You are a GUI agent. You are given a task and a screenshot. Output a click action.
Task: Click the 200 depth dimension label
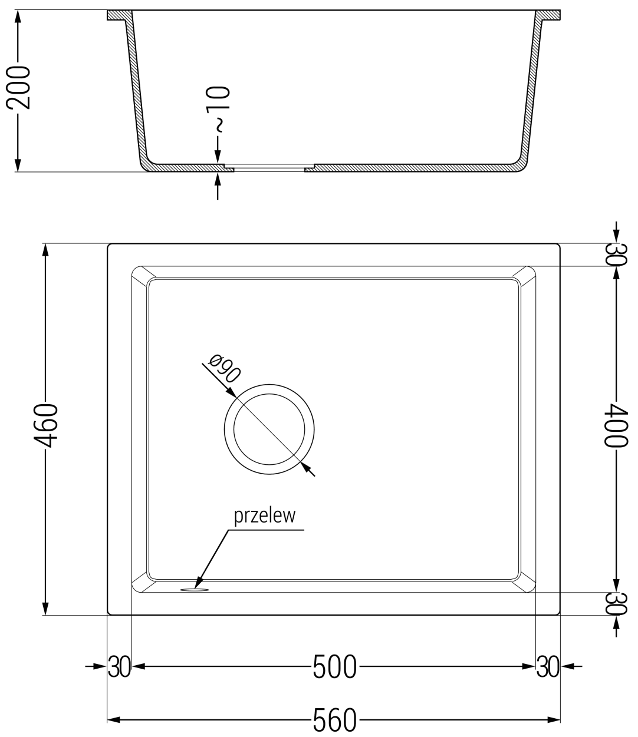click(x=18, y=87)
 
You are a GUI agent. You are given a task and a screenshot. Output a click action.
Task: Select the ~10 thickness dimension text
click(x=218, y=109)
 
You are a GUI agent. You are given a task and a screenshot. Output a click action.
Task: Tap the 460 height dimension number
click(x=45, y=425)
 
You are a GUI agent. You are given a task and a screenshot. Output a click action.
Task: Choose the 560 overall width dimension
click(x=334, y=721)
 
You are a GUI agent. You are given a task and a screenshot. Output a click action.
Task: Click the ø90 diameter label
click(x=223, y=368)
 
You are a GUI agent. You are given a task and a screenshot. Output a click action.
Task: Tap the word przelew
click(x=264, y=516)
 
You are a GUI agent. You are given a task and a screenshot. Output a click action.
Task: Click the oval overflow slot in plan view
click(x=195, y=590)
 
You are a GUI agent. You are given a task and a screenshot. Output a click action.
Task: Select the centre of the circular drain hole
click(x=269, y=429)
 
